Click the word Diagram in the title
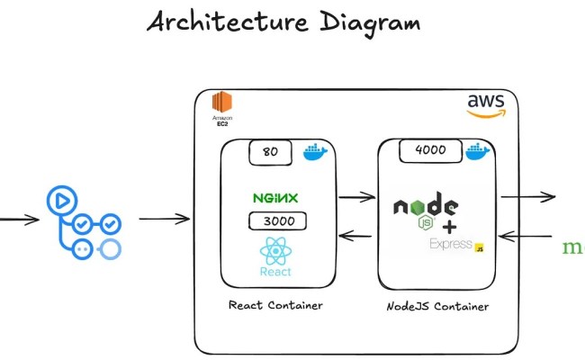370,22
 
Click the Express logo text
453,244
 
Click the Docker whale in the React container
315,151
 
